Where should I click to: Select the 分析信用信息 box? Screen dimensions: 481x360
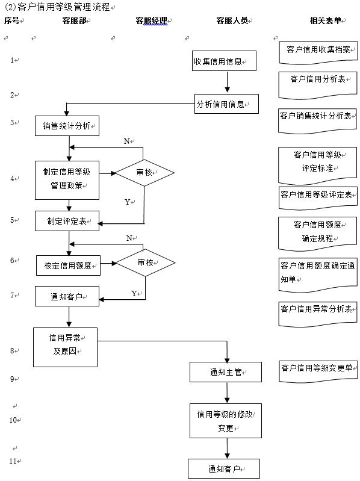click(226, 104)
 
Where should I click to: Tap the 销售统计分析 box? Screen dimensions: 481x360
click(67, 126)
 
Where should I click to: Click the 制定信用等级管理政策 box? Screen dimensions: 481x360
click(67, 179)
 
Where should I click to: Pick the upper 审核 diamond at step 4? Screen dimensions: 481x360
click(144, 173)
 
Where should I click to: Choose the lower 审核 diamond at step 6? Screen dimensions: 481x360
click(145, 262)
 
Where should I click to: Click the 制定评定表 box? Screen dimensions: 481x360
click(67, 221)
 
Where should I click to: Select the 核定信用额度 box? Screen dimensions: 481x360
click(68, 265)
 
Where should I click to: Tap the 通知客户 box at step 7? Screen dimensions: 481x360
click(67, 296)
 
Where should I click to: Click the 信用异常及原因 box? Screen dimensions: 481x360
click(65, 347)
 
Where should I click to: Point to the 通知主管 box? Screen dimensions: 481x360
click(226, 372)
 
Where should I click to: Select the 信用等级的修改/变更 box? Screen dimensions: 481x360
click(226, 421)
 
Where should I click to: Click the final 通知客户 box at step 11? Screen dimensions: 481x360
click(224, 468)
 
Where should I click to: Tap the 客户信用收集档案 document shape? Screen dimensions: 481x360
click(318, 51)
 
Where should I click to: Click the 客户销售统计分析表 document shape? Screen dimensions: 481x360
click(318, 116)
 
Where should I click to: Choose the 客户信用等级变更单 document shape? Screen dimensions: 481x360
click(318, 369)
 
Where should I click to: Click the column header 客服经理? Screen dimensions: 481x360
click(151, 20)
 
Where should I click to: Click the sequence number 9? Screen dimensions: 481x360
click(12, 379)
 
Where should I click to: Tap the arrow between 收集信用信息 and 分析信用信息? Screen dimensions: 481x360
click(227, 82)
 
